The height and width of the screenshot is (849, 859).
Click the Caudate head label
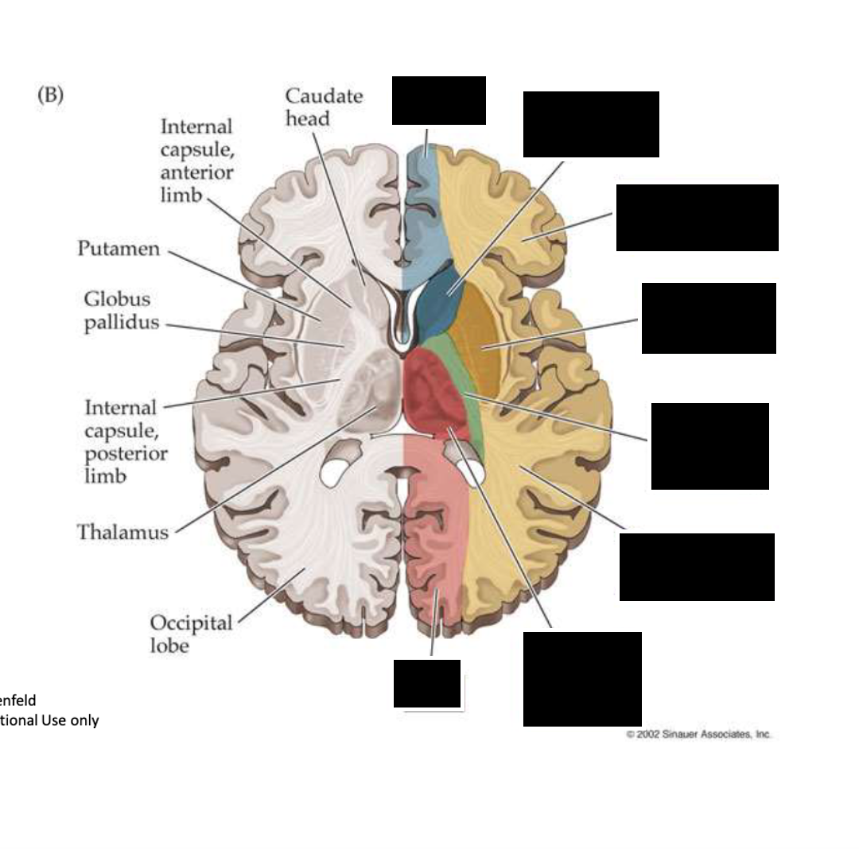(x=323, y=107)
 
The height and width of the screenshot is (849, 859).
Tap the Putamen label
(x=119, y=249)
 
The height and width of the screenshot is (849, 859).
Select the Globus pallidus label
(x=121, y=312)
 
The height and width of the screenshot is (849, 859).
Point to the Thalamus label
(x=122, y=532)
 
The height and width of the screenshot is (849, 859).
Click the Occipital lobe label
(x=191, y=634)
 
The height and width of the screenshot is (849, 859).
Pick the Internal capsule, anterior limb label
(x=196, y=161)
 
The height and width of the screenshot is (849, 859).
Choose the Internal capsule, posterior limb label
(x=126, y=442)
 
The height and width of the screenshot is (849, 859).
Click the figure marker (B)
(x=50, y=95)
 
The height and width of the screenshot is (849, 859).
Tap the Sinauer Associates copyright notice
(x=698, y=735)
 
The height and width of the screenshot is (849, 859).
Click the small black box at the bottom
(x=427, y=684)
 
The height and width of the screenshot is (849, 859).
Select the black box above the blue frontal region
(x=438, y=100)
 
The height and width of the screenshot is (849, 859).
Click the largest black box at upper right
(x=697, y=218)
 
